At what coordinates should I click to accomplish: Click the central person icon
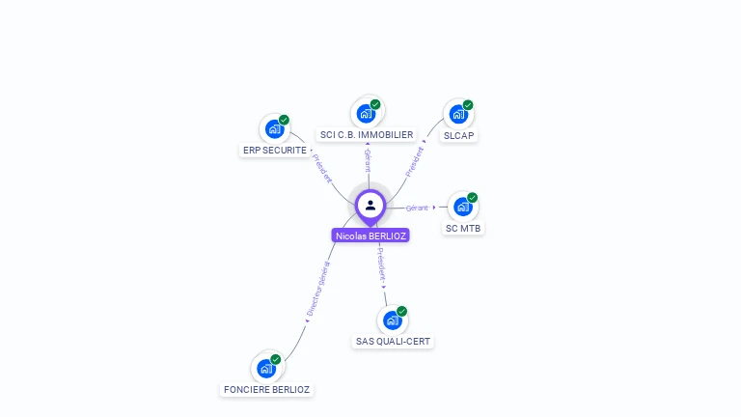coord(370,205)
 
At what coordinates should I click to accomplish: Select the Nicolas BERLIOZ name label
coord(370,236)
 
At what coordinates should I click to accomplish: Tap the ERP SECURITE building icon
coord(274,129)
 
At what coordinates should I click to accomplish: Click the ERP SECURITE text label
coord(275,151)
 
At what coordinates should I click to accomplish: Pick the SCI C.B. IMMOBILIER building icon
coord(367,114)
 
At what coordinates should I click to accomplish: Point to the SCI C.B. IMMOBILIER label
coord(367,135)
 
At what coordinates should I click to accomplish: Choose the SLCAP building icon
coord(458,115)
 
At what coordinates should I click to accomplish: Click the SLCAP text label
coord(458,136)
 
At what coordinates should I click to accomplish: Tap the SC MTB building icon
coord(463,208)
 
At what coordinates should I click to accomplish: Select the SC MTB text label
coord(463,229)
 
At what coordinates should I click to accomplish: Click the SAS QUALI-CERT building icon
coord(392,320)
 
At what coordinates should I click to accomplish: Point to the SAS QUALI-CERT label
coord(394,342)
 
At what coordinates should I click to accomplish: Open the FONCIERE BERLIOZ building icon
coord(266,369)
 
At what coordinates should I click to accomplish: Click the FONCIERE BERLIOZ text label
coord(266,390)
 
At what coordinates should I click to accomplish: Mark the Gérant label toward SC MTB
coord(417,208)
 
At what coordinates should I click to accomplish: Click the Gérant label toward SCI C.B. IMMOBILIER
coord(368,160)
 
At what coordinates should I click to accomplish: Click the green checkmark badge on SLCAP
coord(468,105)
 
